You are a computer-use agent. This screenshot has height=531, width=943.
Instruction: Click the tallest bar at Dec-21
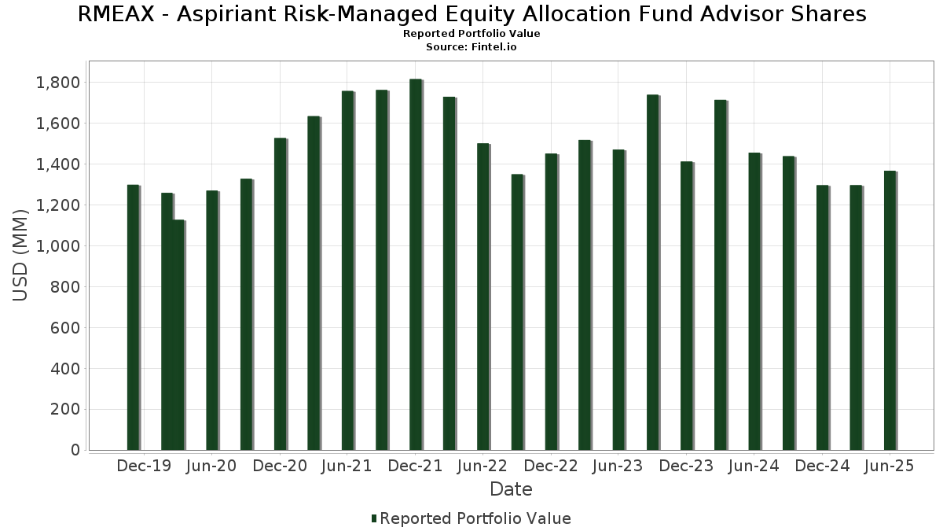[x=416, y=264]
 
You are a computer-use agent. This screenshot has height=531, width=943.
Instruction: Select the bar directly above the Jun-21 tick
[x=347, y=271]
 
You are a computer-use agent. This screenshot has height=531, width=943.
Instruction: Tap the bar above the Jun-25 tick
[x=890, y=311]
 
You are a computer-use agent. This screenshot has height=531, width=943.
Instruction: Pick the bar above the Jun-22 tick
[x=483, y=297]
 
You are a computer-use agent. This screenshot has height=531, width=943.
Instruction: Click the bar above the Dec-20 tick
[x=281, y=294]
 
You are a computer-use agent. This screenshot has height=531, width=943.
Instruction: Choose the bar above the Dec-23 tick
[x=687, y=306]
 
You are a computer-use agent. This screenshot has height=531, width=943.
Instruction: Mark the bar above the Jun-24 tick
[x=754, y=301]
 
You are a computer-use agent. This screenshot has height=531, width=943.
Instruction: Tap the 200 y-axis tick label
[x=64, y=409]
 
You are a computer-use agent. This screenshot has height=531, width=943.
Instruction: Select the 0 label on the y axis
[x=75, y=450]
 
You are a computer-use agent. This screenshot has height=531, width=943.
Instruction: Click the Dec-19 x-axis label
[x=144, y=466]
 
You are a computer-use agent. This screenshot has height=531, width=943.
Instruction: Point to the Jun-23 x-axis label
[x=617, y=466]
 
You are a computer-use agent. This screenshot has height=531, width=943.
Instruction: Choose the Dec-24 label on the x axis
[x=822, y=466]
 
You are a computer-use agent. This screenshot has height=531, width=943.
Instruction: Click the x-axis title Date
[x=511, y=489]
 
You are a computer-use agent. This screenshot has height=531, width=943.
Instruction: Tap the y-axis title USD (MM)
[x=20, y=256]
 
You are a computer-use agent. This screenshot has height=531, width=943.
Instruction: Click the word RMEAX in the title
[x=116, y=14]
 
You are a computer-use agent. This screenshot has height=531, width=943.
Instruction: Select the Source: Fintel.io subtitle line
[x=471, y=46]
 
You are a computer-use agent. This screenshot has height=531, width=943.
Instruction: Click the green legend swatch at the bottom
[x=374, y=518]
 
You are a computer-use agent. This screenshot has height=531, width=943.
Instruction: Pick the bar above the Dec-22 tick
[x=551, y=302]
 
